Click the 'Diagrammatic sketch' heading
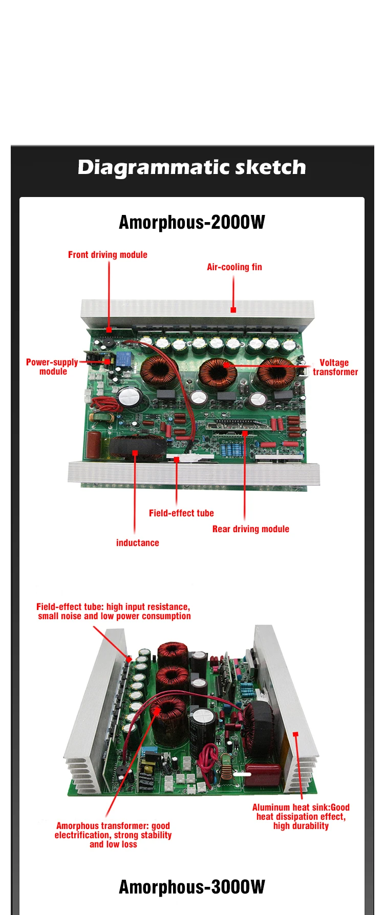click(x=192, y=167)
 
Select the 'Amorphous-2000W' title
click(x=192, y=222)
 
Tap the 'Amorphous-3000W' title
click(x=192, y=887)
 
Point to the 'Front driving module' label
click(x=108, y=255)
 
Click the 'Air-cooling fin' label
click(x=234, y=267)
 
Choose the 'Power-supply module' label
click(x=52, y=367)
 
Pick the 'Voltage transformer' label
click(x=335, y=367)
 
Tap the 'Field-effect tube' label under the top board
click(x=181, y=513)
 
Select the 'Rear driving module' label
click(x=251, y=529)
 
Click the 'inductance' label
click(x=137, y=543)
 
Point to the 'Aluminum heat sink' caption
click(x=301, y=816)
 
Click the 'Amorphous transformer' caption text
click(x=113, y=835)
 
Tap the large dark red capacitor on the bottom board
click(x=262, y=774)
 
